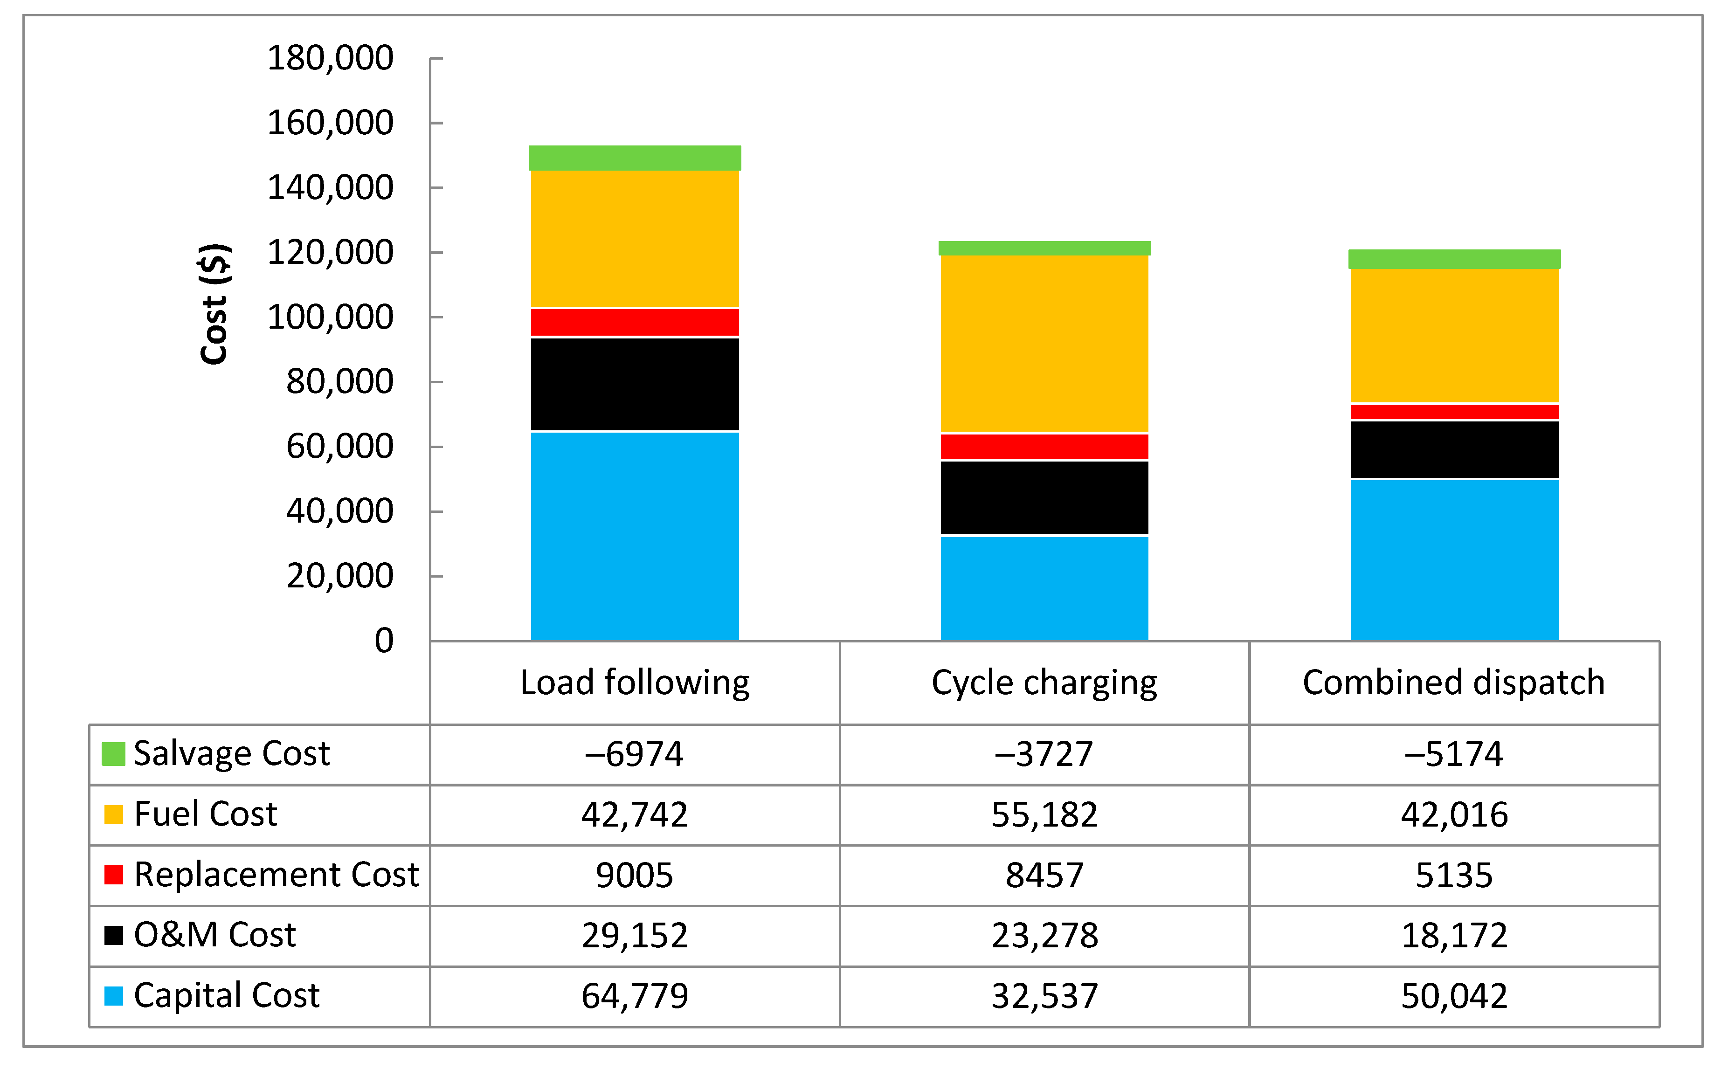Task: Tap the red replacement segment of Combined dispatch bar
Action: [1454, 412]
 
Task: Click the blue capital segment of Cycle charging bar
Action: [1044, 588]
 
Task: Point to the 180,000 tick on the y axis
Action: [330, 58]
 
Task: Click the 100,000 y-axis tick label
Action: [330, 317]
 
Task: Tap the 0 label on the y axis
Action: [384, 641]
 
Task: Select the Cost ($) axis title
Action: [214, 304]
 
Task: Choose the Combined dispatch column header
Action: [1454, 683]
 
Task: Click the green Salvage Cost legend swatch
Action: [113, 754]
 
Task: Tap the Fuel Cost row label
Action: [205, 814]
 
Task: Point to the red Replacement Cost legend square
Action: [113, 875]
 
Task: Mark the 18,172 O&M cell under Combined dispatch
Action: [1454, 935]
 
